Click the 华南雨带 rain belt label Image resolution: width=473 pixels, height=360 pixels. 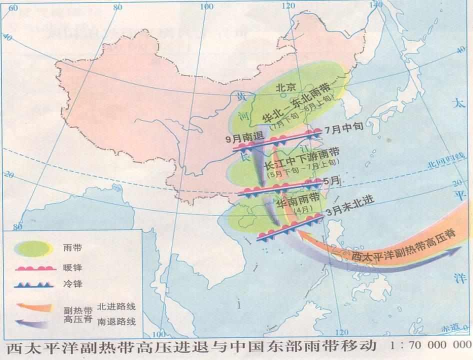tap(299, 201)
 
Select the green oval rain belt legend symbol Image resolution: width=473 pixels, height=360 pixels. tap(32, 247)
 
